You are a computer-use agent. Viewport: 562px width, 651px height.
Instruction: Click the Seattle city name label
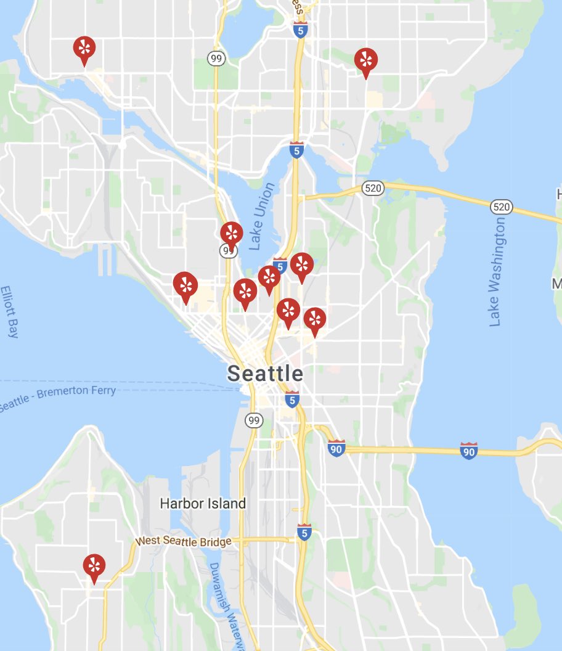(265, 373)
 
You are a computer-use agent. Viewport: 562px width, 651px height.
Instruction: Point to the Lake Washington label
(498, 271)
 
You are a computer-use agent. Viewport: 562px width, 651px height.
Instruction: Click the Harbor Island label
(203, 503)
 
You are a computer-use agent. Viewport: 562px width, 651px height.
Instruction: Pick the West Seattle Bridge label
(184, 541)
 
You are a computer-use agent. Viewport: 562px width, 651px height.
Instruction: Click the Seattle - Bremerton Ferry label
(59, 398)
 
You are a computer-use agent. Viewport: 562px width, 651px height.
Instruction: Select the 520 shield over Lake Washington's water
(502, 207)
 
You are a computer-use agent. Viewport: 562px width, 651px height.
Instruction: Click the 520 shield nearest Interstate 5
(373, 189)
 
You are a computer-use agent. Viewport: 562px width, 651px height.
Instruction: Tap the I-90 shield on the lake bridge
(469, 451)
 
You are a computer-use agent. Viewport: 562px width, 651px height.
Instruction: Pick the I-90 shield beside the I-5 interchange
(336, 448)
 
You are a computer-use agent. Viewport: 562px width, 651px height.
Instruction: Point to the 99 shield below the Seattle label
(254, 420)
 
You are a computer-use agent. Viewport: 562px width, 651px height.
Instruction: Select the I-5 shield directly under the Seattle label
(292, 399)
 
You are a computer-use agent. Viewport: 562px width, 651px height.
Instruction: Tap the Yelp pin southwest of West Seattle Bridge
(94, 567)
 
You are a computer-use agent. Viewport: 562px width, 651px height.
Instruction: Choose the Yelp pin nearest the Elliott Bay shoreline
(185, 285)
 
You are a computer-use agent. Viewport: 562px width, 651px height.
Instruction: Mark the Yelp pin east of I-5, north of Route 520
(366, 60)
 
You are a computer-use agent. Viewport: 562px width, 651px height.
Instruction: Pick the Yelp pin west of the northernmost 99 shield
(84, 48)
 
